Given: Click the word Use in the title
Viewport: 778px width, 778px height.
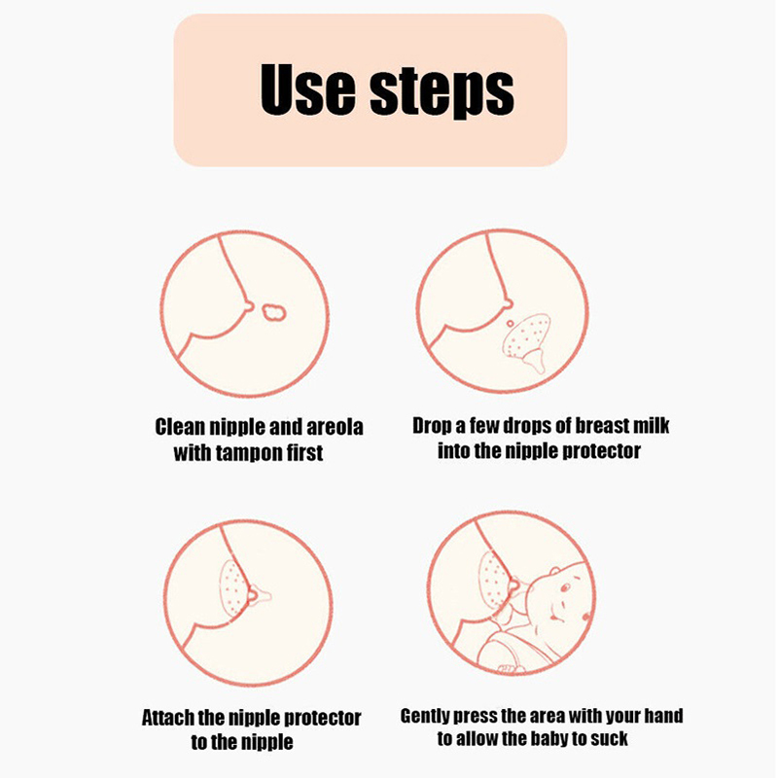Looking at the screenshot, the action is pyautogui.click(x=307, y=89).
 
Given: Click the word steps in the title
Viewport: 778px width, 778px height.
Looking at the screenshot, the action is pyautogui.click(x=442, y=92).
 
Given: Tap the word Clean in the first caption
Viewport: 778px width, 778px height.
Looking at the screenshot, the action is pyautogui.click(x=180, y=427).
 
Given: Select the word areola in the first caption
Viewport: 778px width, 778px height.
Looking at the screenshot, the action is pyautogui.click(x=335, y=427).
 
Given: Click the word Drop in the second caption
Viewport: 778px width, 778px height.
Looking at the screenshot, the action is pyautogui.click(x=432, y=426).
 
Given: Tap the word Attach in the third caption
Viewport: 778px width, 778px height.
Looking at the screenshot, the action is pyautogui.click(x=167, y=718).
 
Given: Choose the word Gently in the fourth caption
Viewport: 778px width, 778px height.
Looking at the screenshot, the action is pyautogui.click(x=425, y=716).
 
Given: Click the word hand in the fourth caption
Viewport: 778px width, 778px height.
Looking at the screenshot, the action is pyautogui.click(x=663, y=716).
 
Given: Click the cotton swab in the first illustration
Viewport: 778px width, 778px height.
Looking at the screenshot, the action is pyautogui.click(x=274, y=312).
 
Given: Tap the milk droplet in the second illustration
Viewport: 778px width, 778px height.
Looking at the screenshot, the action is pyautogui.click(x=510, y=324).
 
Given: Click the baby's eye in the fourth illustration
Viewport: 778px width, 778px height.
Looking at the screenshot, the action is pyautogui.click(x=565, y=588).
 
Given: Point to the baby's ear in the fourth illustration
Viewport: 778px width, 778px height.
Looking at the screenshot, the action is pyautogui.click(x=555, y=571).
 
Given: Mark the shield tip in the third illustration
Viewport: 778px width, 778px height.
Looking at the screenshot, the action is pyautogui.click(x=265, y=595).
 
